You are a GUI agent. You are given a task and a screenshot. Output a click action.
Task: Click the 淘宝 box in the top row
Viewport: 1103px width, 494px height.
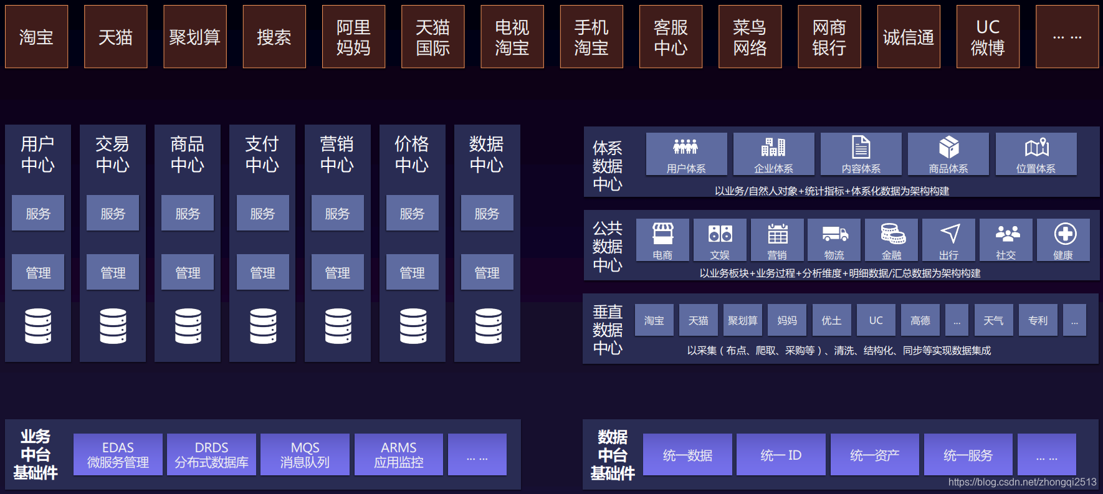coord(36,37)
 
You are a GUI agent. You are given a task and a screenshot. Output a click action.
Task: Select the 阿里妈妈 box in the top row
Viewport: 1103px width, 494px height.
coord(353,37)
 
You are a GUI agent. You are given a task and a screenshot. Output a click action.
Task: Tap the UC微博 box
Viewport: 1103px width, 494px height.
coord(988,37)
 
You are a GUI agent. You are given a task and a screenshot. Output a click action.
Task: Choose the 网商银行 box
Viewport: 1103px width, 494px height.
coord(829,37)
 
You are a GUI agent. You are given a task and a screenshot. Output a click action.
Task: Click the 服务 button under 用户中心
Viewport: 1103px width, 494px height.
coord(38,213)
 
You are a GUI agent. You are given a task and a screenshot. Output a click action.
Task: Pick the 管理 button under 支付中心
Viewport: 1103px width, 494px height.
coord(262,272)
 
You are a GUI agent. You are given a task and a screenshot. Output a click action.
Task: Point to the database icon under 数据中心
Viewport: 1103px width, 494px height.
coord(488,326)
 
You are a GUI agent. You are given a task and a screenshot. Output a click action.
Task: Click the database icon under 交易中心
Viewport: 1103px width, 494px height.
coord(113,326)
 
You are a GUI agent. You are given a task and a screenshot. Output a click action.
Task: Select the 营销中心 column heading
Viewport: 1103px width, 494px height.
coord(337,154)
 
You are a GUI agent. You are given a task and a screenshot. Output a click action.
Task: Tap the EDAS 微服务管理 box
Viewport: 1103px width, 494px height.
coord(118,455)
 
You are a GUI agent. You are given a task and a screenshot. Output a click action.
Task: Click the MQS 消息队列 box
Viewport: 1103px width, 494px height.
coord(305,455)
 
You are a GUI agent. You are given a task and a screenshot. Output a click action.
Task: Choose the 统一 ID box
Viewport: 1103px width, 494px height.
coord(781,455)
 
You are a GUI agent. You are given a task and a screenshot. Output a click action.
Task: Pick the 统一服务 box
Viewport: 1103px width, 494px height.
coord(968,455)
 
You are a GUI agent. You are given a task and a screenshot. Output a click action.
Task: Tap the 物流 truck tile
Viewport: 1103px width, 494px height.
coord(834,240)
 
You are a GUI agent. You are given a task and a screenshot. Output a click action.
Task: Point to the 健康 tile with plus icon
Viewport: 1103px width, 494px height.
coord(1063,240)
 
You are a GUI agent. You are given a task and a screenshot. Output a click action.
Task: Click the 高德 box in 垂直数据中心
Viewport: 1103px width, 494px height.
coord(920,320)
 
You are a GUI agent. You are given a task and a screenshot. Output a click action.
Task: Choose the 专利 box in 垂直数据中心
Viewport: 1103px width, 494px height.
coord(1038,320)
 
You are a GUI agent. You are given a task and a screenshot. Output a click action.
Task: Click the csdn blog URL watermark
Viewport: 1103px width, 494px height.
coord(1022,482)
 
